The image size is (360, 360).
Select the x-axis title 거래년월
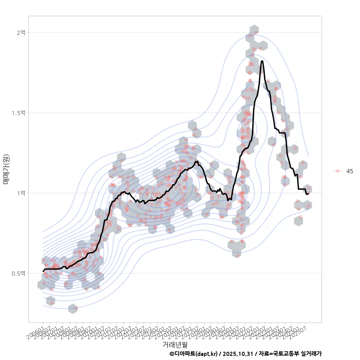[175, 344]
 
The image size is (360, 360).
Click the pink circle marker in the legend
[337, 171]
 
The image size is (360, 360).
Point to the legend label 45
[349, 171]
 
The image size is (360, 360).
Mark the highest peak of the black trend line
[262, 61]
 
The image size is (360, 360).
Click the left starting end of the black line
[43, 271]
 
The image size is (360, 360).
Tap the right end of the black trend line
[308, 193]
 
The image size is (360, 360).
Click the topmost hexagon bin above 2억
[254, 30]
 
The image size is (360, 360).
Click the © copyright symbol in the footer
[172, 354]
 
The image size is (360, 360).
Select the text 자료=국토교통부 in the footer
[276, 354]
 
